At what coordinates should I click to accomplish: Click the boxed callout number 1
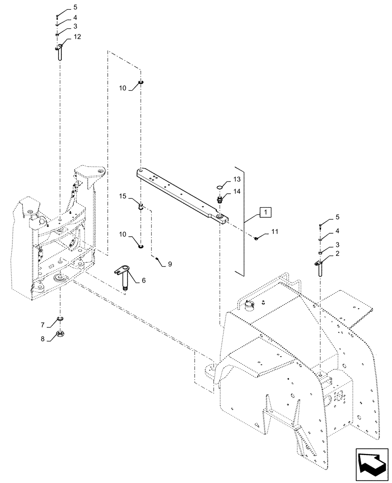266,212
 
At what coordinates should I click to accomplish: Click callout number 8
43,339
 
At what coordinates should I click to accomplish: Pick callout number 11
275,232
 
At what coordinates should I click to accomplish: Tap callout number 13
237,179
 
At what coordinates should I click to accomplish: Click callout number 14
237,191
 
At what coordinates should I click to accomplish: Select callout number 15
123,196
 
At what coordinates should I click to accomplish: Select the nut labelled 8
61,333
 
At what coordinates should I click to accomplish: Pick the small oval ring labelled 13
219,187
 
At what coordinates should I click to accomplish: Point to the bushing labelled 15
140,208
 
